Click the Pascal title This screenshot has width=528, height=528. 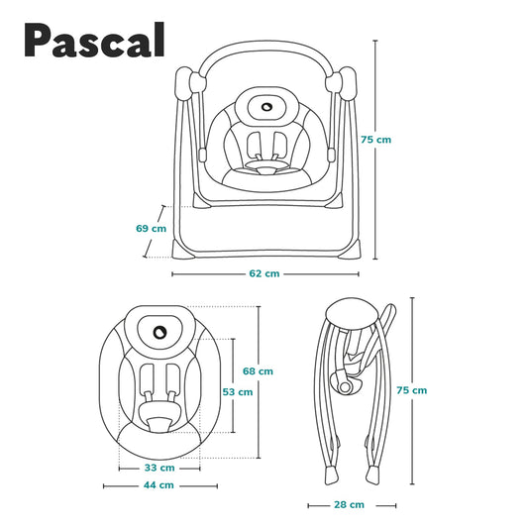(95, 40)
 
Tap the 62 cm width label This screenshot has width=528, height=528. (264, 273)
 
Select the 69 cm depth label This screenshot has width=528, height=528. (151, 228)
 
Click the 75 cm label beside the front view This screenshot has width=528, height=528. (375, 140)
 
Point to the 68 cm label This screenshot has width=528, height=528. (258, 371)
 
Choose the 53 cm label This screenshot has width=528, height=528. (238, 392)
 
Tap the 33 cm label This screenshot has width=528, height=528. (159, 468)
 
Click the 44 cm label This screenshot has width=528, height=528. (158, 484)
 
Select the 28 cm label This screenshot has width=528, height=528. (350, 504)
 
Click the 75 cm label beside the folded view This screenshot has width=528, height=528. (411, 390)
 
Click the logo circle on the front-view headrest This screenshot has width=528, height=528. (266, 107)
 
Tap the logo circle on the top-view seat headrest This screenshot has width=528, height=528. (159, 333)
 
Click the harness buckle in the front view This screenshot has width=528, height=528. (266, 170)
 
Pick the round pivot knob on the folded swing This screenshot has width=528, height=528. (345, 387)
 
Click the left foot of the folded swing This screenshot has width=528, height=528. (331, 475)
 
